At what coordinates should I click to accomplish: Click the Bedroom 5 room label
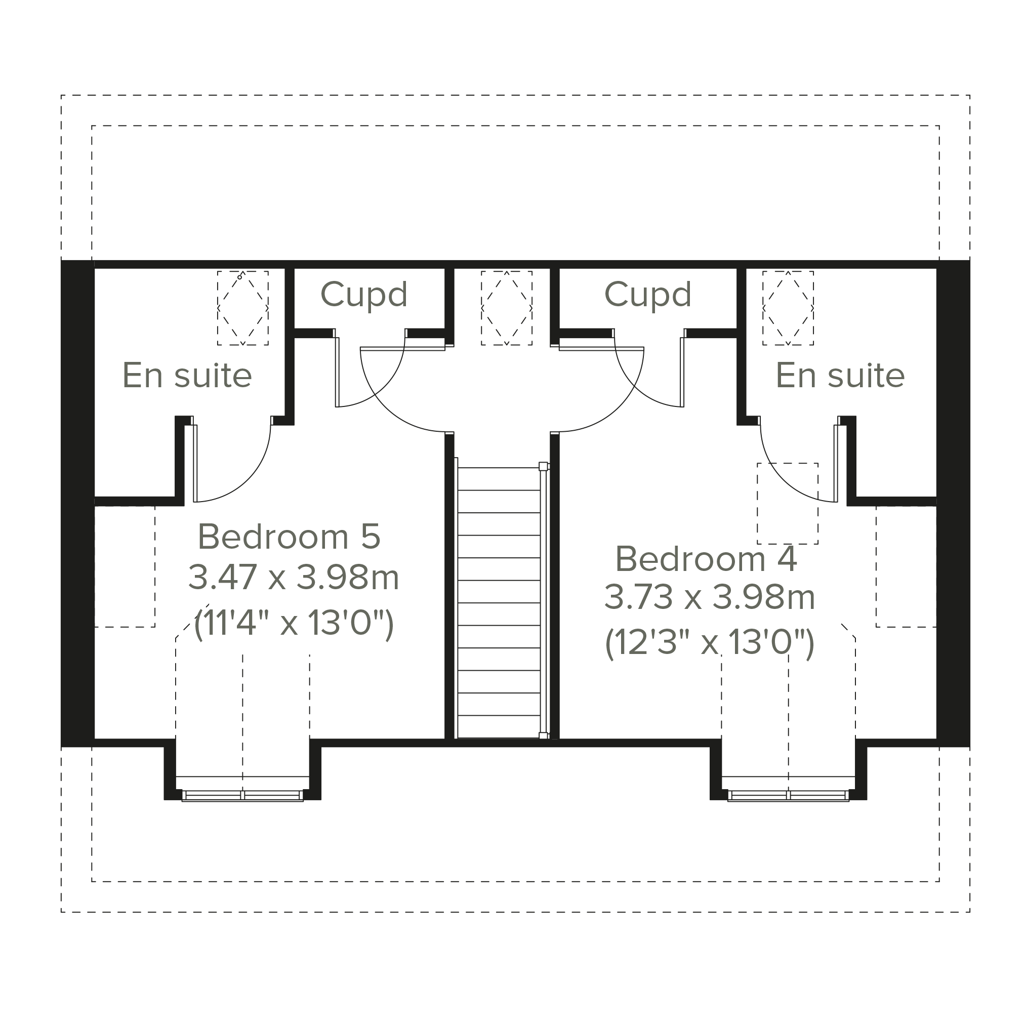click(289, 537)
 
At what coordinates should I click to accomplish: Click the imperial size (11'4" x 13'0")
click(294, 624)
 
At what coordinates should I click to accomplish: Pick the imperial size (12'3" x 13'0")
click(709, 643)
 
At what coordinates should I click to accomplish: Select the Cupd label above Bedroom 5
click(364, 294)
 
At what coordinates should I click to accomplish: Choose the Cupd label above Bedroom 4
click(648, 294)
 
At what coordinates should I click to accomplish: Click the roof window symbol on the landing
click(507, 308)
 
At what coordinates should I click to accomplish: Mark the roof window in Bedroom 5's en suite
click(242, 308)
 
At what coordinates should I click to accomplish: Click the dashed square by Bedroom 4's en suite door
click(787, 504)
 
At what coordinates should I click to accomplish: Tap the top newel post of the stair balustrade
click(543, 466)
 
